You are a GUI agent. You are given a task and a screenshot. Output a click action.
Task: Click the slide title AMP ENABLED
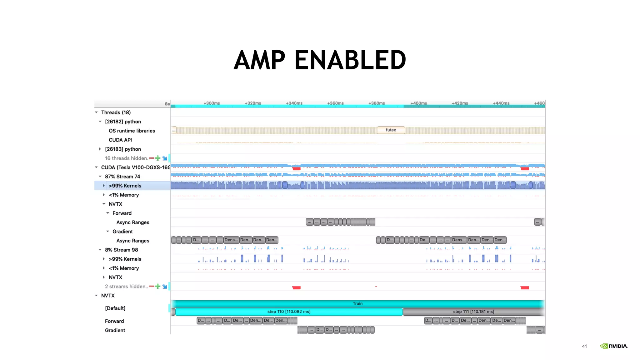click(x=320, y=60)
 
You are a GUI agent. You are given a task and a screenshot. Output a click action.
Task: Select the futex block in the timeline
click(x=391, y=130)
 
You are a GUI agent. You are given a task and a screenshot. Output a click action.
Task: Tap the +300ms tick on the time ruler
click(x=212, y=103)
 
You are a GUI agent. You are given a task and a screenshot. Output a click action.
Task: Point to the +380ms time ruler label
click(x=377, y=103)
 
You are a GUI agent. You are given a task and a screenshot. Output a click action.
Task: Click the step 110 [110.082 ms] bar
click(x=289, y=312)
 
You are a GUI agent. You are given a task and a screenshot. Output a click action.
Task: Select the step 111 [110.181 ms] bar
click(x=473, y=312)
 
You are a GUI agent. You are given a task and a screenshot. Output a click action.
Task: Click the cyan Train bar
click(x=357, y=303)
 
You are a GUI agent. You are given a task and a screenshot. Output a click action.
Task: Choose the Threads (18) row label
click(x=116, y=112)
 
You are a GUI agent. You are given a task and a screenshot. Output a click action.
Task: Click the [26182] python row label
click(x=123, y=122)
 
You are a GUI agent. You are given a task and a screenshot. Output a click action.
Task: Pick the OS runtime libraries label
click(x=132, y=131)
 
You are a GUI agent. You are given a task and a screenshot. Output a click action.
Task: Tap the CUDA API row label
click(x=120, y=140)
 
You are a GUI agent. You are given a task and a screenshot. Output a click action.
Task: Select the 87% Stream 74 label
click(x=122, y=177)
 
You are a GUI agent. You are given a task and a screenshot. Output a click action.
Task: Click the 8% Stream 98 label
click(x=121, y=250)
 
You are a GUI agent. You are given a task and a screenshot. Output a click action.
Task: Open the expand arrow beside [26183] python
click(x=100, y=149)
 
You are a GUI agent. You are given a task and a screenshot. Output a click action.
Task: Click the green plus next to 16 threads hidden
click(x=158, y=158)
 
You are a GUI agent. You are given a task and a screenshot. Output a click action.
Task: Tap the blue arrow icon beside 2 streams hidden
click(x=165, y=286)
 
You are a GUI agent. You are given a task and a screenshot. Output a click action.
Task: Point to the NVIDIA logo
click(x=613, y=346)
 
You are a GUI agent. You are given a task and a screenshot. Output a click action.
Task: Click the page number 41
click(x=584, y=346)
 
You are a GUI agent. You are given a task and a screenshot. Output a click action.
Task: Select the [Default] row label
click(x=115, y=308)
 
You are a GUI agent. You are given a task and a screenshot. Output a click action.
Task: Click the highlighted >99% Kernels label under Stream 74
click(x=125, y=186)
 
